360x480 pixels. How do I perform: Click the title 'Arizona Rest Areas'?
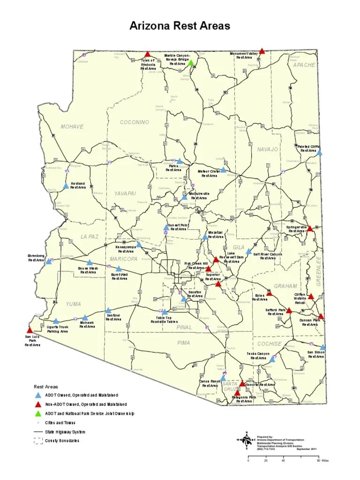tap(180, 26)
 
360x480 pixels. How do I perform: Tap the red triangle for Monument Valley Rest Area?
tap(262, 51)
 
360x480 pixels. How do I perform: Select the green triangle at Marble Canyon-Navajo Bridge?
tap(191, 62)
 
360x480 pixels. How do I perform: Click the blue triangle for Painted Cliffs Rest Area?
tap(319, 152)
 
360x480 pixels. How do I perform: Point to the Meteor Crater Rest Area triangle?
tap(224, 170)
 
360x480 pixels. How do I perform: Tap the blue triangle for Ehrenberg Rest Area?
tap(48, 261)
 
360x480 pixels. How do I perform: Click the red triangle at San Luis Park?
tap(30, 330)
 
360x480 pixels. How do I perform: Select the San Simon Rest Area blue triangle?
tap(322, 347)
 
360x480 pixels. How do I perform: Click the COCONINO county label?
tap(134, 122)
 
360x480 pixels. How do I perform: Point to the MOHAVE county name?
tap(72, 127)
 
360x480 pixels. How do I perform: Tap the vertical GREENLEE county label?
tap(319, 270)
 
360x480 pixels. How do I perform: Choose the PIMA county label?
tap(184, 343)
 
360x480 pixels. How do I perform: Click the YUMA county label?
tap(73, 304)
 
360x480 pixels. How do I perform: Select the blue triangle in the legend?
tap(37, 395)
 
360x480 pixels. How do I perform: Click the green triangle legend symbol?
tap(37, 413)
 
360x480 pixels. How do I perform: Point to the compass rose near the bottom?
tap(247, 440)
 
